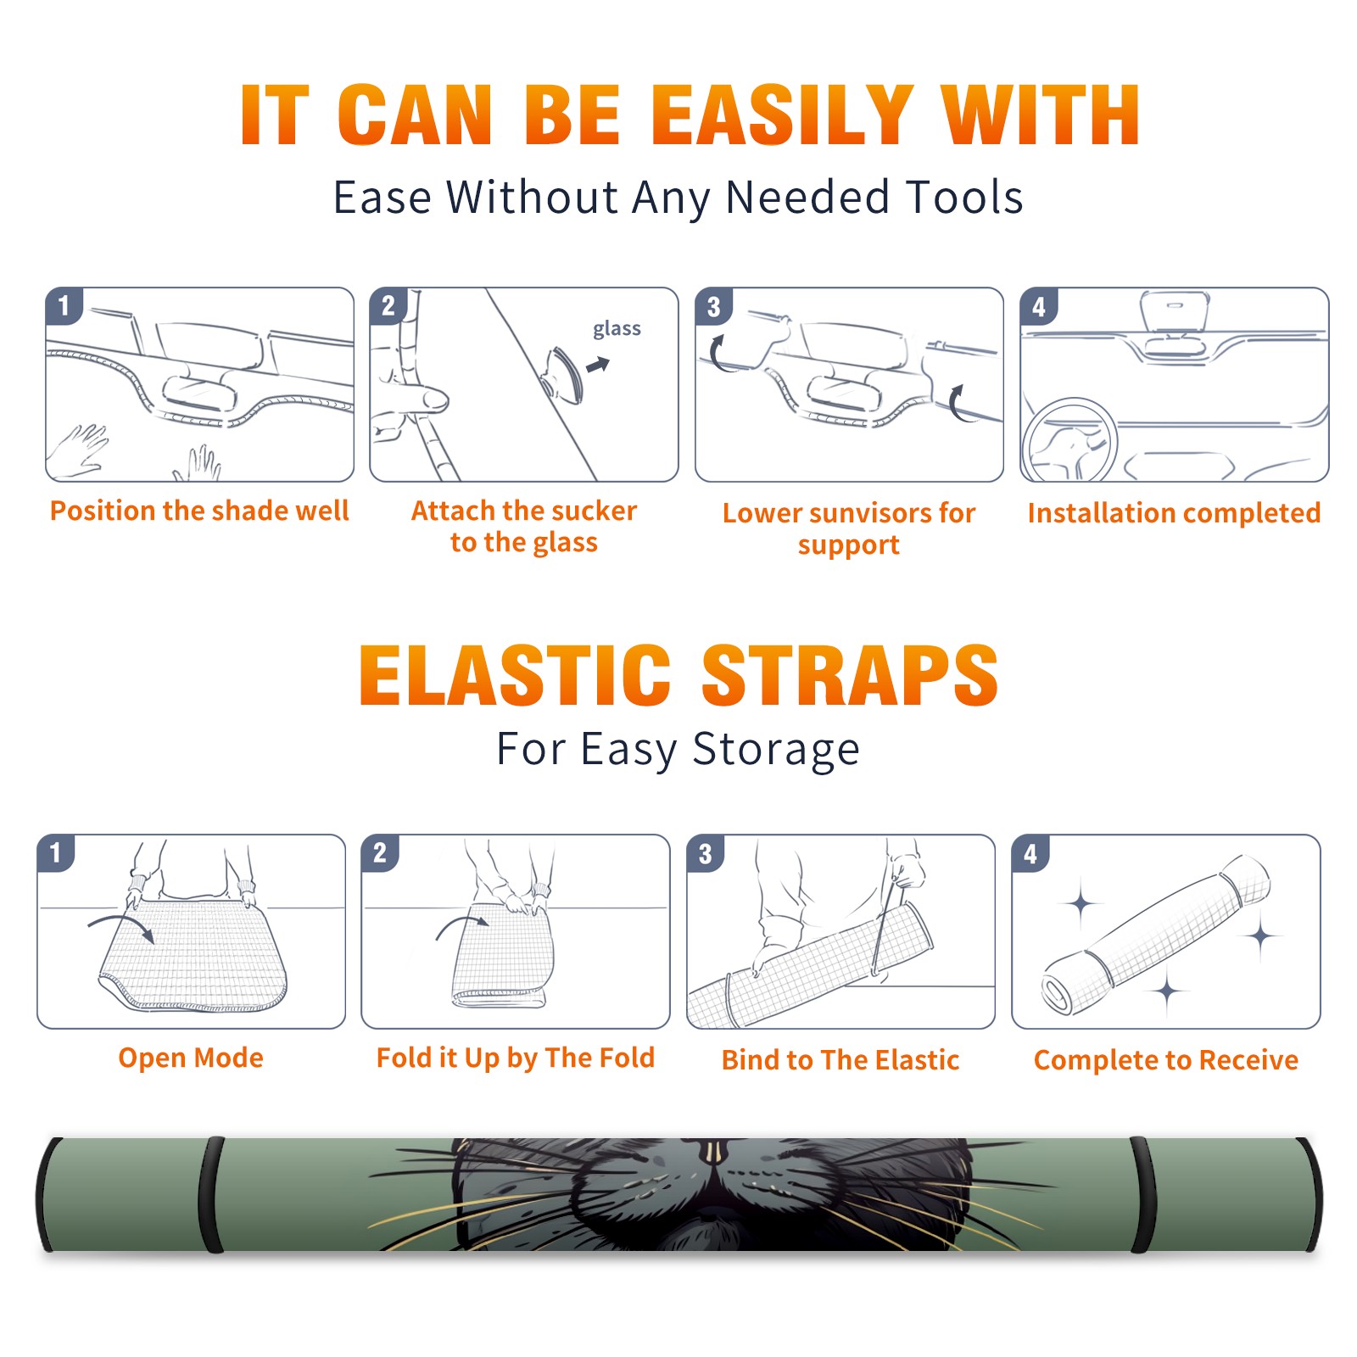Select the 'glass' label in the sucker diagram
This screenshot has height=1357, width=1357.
pyautogui.click(x=617, y=329)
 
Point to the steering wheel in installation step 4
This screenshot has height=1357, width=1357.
pyautogui.click(x=1069, y=439)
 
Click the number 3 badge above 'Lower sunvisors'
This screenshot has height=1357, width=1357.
pyautogui.click(x=713, y=306)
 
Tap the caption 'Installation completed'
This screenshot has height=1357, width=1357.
pyautogui.click(x=1174, y=513)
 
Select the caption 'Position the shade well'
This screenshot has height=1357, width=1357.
pyautogui.click(x=199, y=511)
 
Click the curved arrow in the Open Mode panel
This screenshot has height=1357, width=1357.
pyautogui.click(x=121, y=926)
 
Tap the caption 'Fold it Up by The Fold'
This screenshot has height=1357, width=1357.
pyautogui.click(x=516, y=1058)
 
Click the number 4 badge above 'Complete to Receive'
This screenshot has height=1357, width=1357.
pyautogui.click(x=1030, y=853)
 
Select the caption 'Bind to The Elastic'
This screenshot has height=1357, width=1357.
pyautogui.click(x=840, y=1060)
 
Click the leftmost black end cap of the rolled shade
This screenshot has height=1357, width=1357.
pyautogui.click(x=47, y=1195)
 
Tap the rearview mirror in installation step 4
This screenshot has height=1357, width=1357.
pyautogui.click(x=1174, y=311)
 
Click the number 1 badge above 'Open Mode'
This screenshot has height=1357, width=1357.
pyautogui.click(x=56, y=853)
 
